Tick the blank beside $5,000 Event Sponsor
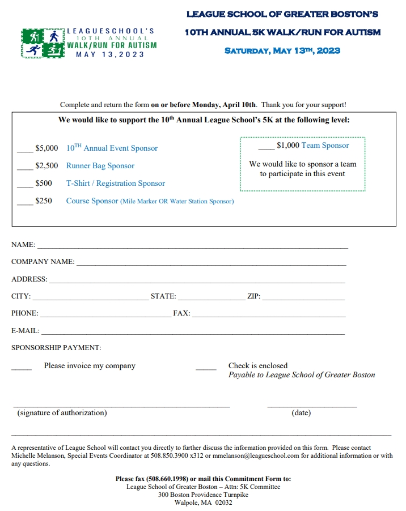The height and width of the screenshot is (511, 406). (25, 151)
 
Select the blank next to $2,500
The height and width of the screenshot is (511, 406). (25, 168)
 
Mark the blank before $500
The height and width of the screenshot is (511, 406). (25, 186)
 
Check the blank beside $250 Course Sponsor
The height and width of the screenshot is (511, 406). (25, 203)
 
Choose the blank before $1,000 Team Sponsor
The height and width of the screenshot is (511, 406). (266, 148)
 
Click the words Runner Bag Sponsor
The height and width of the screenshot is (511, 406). (100, 166)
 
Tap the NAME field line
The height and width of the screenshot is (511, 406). (192, 248)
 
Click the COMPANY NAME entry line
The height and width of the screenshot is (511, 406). (211, 265)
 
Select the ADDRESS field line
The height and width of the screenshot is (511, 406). (197, 282)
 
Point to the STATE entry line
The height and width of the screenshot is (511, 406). (210, 299)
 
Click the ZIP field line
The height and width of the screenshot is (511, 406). (303, 299)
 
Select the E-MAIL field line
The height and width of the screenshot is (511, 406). (193, 334)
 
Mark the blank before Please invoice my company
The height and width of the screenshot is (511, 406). (22, 369)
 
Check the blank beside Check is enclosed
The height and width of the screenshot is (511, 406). (206, 369)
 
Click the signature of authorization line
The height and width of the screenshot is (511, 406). (122, 406)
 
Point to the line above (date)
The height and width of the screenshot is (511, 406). (312, 406)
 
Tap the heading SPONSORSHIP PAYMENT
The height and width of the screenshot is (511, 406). (56, 348)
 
